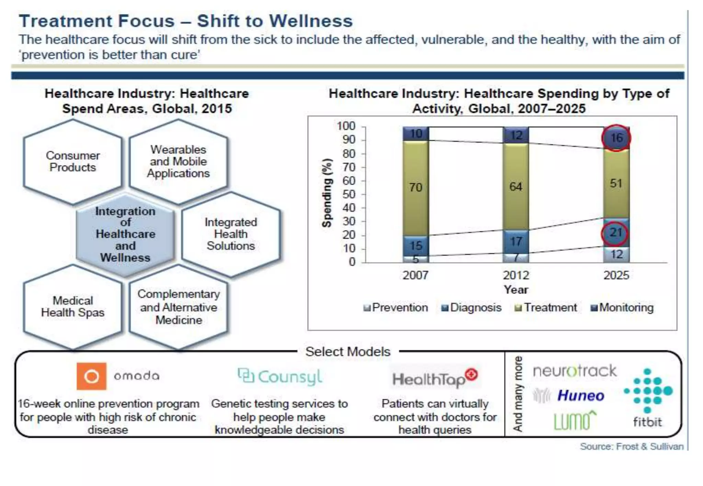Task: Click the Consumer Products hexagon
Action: click(73, 162)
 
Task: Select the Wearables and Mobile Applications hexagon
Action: click(178, 162)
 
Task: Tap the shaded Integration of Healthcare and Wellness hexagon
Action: click(125, 234)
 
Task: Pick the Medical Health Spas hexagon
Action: click(73, 307)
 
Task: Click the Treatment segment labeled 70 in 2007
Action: click(416, 187)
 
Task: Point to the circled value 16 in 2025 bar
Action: click(616, 138)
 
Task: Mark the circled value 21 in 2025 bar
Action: click(615, 233)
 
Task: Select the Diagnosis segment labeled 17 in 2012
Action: click(516, 242)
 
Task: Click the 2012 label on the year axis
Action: click(516, 275)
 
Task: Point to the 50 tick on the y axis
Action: click(349, 194)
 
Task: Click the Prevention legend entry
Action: click(395, 307)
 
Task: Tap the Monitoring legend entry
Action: click(622, 307)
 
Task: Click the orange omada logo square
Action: click(91, 376)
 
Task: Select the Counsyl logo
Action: click(280, 377)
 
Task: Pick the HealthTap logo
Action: click(435, 378)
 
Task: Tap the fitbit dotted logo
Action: click(648, 391)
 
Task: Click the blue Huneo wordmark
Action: click(581, 396)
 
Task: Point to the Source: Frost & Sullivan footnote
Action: click(631, 447)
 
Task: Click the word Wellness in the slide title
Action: click(311, 21)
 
